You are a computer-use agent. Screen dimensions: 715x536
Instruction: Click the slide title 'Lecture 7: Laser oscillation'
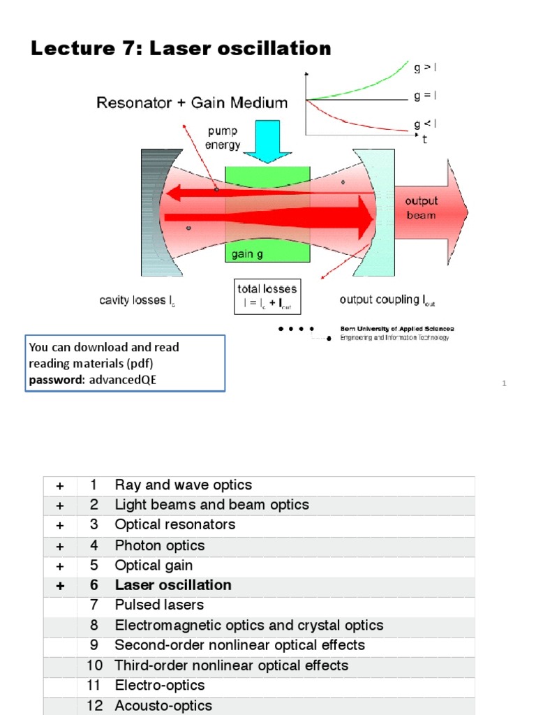181,48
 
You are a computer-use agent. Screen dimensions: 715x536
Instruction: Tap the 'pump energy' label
223,138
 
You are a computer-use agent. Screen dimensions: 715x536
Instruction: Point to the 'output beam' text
421,208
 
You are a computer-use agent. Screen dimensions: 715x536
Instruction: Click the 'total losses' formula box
267,296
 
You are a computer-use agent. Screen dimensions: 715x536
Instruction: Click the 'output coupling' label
387,300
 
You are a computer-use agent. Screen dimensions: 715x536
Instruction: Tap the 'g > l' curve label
425,68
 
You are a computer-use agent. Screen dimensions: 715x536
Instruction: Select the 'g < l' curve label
425,124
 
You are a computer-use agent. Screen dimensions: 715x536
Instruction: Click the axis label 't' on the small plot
424,140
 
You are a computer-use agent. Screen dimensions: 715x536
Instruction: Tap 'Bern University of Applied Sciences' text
396,328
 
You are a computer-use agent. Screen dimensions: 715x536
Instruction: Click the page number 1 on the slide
503,383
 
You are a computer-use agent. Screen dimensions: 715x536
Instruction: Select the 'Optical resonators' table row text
175,524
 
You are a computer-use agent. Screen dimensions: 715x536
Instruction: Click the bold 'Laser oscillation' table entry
173,585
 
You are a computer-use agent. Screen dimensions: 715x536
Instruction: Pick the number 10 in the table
94,665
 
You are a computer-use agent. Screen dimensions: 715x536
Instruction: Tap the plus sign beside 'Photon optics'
60,546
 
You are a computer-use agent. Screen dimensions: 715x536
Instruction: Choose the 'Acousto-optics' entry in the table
163,705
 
